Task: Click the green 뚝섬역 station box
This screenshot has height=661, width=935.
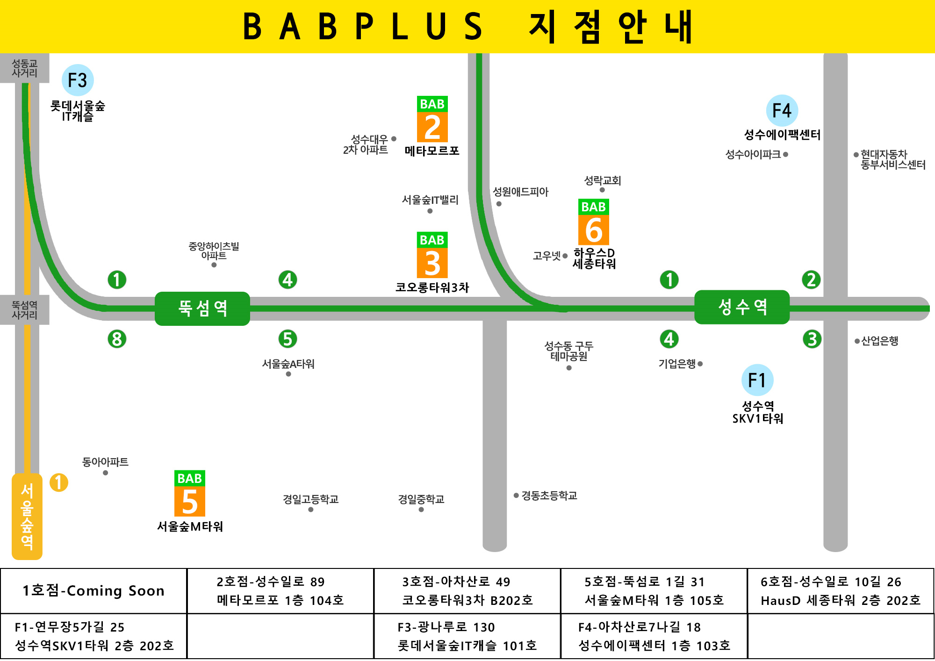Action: tap(202, 309)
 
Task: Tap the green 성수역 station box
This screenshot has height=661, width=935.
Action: tap(742, 307)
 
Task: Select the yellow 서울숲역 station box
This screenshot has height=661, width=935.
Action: tap(27, 516)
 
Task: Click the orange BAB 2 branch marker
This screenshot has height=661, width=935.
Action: tap(432, 120)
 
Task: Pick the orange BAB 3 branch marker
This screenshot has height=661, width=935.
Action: tap(432, 255)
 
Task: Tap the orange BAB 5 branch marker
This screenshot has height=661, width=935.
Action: tap(189, 494)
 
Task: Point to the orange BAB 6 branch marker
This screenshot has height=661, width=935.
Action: tap(593, 223)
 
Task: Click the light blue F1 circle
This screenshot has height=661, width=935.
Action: tap(757, 380)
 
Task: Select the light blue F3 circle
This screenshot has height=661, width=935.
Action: tap(78, 80)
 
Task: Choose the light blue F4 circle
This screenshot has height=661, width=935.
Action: tap(782, 111)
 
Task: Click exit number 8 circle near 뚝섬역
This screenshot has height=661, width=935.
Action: tap(117, 339)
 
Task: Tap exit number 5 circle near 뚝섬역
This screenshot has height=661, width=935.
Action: tap(288, 339)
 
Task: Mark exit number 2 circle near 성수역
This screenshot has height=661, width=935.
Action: tap(811, 280)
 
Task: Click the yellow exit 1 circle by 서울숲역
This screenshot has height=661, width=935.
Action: tap(59, 482)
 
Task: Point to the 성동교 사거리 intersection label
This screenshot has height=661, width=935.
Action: tap(24, 68)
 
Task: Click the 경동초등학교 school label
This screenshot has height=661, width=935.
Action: tap(549, 496)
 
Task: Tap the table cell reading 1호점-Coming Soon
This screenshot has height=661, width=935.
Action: tap(93, 591)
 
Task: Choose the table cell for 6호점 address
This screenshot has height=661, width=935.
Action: tap(840, 591)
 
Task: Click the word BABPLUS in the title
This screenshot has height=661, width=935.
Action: tap(362, 27)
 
